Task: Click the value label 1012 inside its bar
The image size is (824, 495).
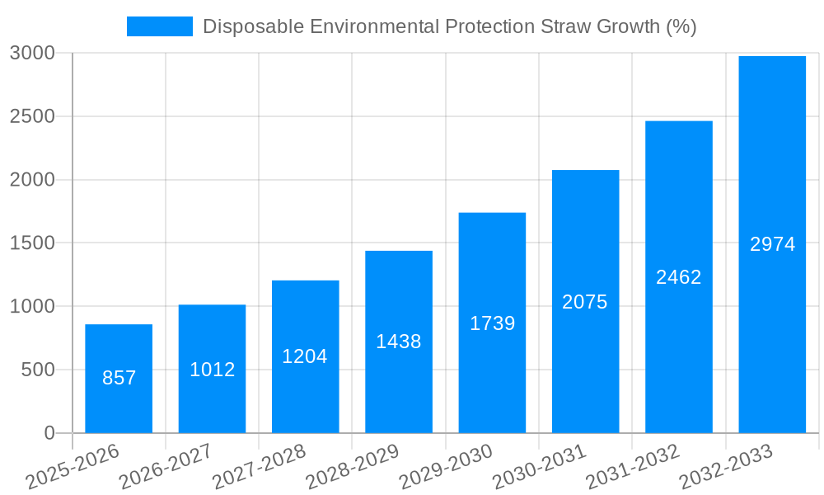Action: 213,370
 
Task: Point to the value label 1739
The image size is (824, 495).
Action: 493,323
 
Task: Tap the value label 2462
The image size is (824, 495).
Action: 679,277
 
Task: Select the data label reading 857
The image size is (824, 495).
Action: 119,379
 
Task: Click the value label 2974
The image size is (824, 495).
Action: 772,245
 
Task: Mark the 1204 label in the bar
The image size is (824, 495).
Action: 305,356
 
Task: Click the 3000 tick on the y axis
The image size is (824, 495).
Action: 32,54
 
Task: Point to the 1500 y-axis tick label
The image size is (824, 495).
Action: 32,243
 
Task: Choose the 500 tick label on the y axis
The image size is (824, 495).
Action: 38,370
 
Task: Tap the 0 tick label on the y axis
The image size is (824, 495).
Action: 49,433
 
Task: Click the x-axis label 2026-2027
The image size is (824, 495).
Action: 166,467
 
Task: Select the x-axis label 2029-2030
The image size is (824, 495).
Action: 446,467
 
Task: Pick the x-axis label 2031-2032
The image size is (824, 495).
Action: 632,467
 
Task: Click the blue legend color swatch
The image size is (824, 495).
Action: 159,26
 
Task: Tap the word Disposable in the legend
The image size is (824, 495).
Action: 251,26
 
